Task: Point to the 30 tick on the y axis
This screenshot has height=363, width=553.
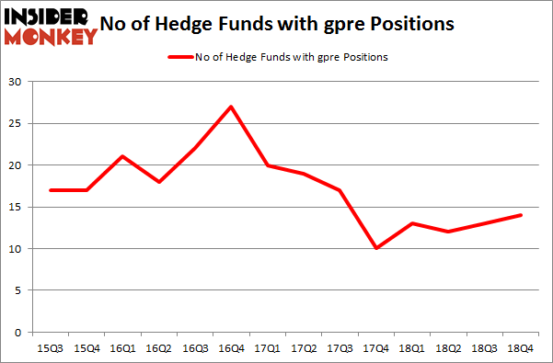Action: pyautogui.click(x=16, y=82)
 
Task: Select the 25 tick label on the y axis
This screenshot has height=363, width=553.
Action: pyautogui.click(x=16, y=123)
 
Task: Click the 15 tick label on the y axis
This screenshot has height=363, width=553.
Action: pyautogui.click(x=16, y=207)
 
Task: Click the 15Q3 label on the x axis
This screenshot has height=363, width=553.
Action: pyautogui.click(x=51, y=349)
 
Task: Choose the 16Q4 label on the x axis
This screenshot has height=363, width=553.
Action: pyautogui.click(x=230, y=349)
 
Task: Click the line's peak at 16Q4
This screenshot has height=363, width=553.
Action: pyautogui.click(x=230, y=107)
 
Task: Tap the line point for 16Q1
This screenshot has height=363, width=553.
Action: pyautogui.click(x=122, y=156)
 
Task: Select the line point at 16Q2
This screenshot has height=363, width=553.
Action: pyautogui.click(x=158, y=182)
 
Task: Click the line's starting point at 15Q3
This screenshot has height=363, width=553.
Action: pyautogui.click(x=51, y=190)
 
